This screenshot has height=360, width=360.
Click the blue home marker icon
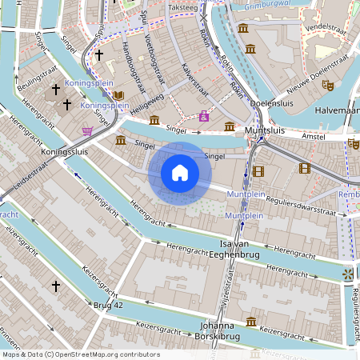pos(180,172)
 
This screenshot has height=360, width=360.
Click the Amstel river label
pos(315,138)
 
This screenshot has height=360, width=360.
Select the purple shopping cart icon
pos(87,130)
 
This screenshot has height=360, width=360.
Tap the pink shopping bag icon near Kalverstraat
pos(204,116)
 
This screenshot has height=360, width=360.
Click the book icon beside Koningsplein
pos(119,96)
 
